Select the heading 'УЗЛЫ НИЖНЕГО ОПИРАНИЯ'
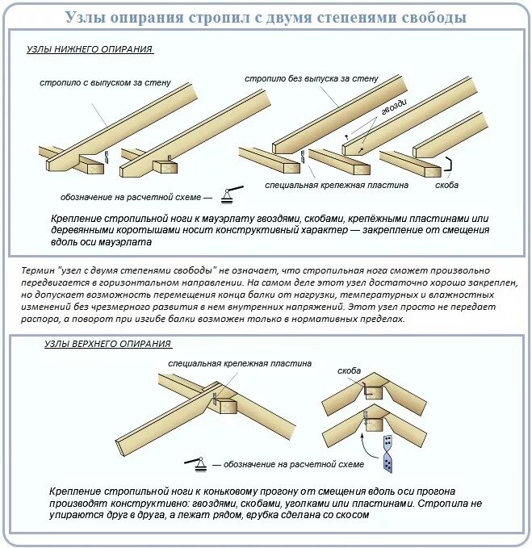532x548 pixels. (x=90, y=50)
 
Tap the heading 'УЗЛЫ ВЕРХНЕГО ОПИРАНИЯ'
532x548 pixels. (x=107, y=344)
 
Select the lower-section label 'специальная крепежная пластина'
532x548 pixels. (x=337, y=185)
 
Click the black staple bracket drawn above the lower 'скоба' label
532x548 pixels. (x=446, y=168)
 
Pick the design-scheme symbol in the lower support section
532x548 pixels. (x=231, y=194)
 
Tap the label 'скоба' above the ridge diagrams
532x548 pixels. (x=350, y=372)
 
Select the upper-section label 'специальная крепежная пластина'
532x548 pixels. (x=240, y=364)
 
